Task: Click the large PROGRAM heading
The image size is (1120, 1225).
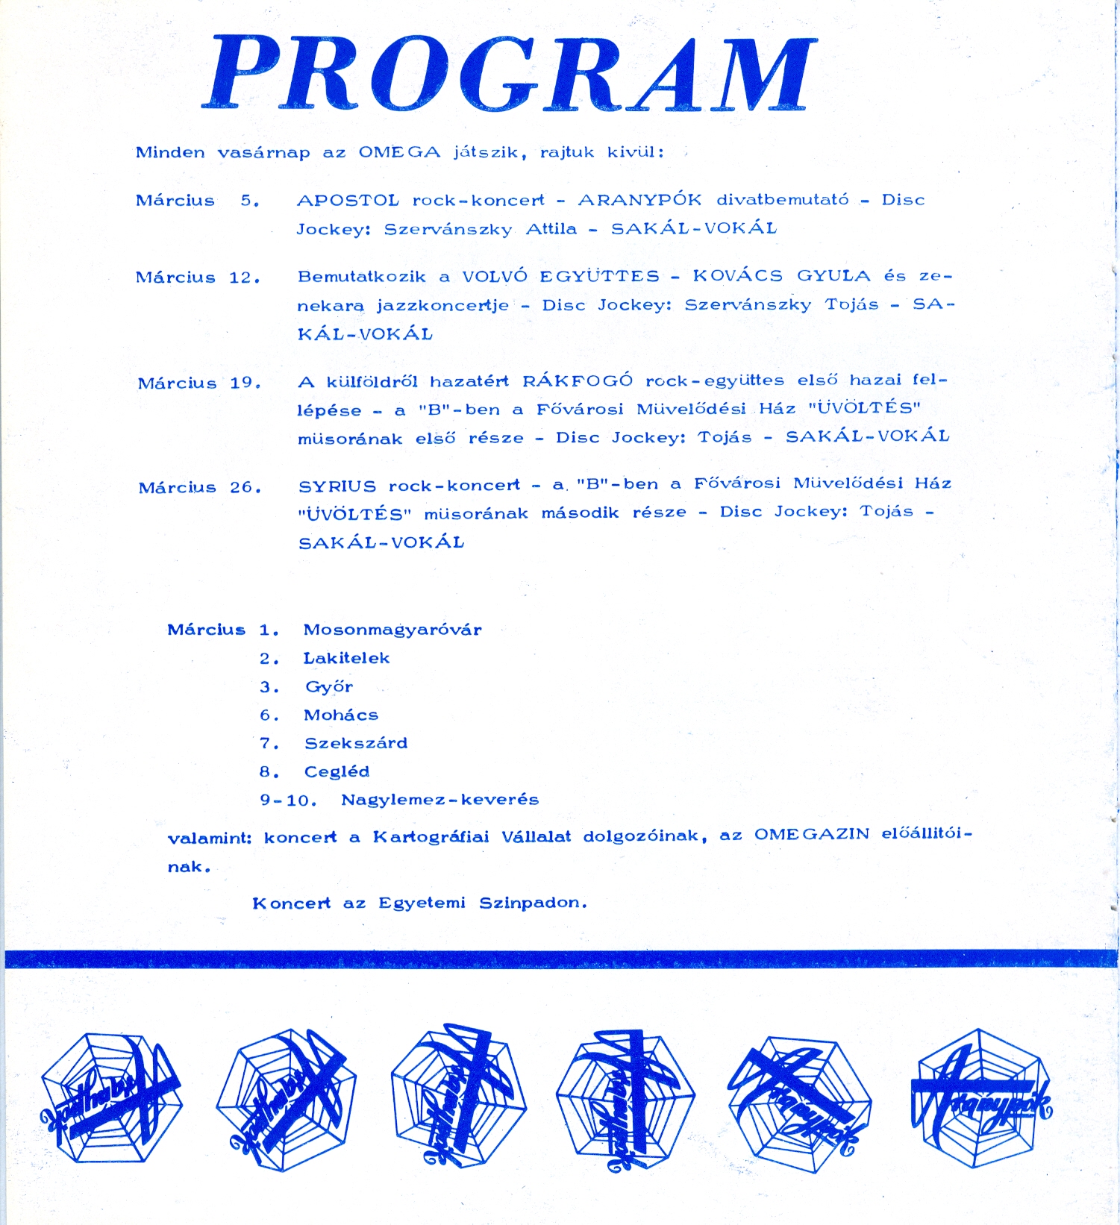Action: pyautogui.click(x=510, y=74)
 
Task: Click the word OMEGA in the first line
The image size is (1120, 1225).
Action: pyautogui.click(x=399, y=152)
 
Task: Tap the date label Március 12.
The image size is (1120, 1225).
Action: pyautogui.click(x=198, y=278)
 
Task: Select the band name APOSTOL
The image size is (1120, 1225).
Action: pyautogui.click(x=348, y=200)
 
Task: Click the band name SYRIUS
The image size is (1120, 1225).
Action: pyautogui.click(x=337, y=486)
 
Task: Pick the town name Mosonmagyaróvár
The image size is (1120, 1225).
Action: pyautogui.click(x=392, y=630)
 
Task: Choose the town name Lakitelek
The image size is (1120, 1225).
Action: pyautogui.click(x=346, y=658)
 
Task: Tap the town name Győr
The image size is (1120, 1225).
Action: pyautogui.click(x=328, y=686)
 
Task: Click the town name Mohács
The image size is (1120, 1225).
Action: pyautogui.click(x=341, y=715)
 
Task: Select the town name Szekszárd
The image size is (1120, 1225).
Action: pyautogui.click(x=356, y=743)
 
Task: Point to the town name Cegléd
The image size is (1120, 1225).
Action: pyautogui.click(x=337, y=771)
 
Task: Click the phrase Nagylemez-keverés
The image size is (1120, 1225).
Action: pyautogui.click(x=439, y=800)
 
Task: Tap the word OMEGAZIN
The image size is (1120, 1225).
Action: pyautogui.click(x=812, y=834)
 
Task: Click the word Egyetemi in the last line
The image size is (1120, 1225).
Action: pyautogui.click(x=422, y=903)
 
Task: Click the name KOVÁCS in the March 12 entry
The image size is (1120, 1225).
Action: pyautogui.click(x=737, y=276)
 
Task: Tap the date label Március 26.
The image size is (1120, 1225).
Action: pyautogui.click(x=200, y=488)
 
